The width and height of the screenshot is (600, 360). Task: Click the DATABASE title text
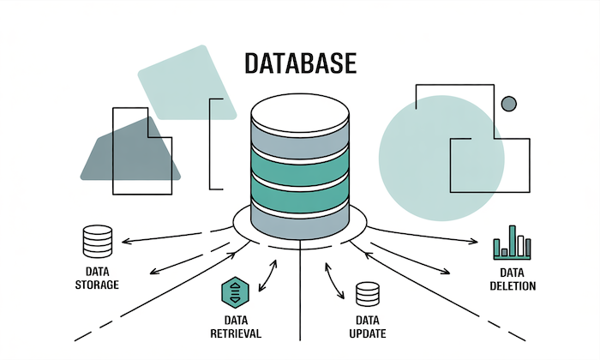299,64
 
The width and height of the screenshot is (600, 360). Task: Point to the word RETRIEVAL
233,333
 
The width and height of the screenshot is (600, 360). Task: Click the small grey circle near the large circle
509,104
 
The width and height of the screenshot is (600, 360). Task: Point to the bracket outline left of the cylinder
216,143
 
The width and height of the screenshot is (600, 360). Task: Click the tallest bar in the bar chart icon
513,239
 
